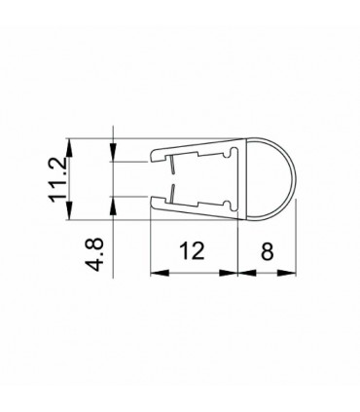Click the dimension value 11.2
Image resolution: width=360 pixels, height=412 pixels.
(x=60, y=176)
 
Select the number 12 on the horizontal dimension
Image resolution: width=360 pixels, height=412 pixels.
(x=193, y=251)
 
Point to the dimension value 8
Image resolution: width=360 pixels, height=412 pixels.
(x=267, y=251)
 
